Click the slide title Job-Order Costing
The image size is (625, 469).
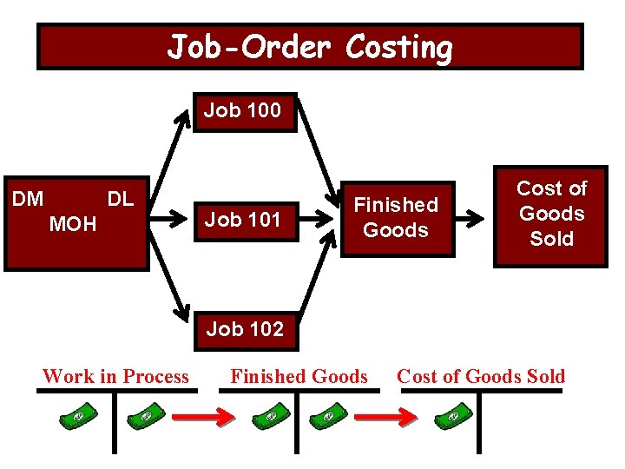point(310,47)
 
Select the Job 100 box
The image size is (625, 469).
point(243,111)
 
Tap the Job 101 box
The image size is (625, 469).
point(243,220)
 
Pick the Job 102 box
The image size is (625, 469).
point(245,329)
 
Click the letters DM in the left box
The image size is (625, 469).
point(29,199)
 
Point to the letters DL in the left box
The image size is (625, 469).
point(120,199)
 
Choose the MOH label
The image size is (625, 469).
point(73,226)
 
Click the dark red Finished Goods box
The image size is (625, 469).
point(396,218)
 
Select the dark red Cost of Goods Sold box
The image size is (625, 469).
point(551,214)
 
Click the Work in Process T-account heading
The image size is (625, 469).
point(115,377)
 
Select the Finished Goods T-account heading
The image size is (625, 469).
point(299,377)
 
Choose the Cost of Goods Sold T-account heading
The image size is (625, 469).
point(481,377)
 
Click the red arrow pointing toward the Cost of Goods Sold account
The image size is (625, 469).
point(387,418)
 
